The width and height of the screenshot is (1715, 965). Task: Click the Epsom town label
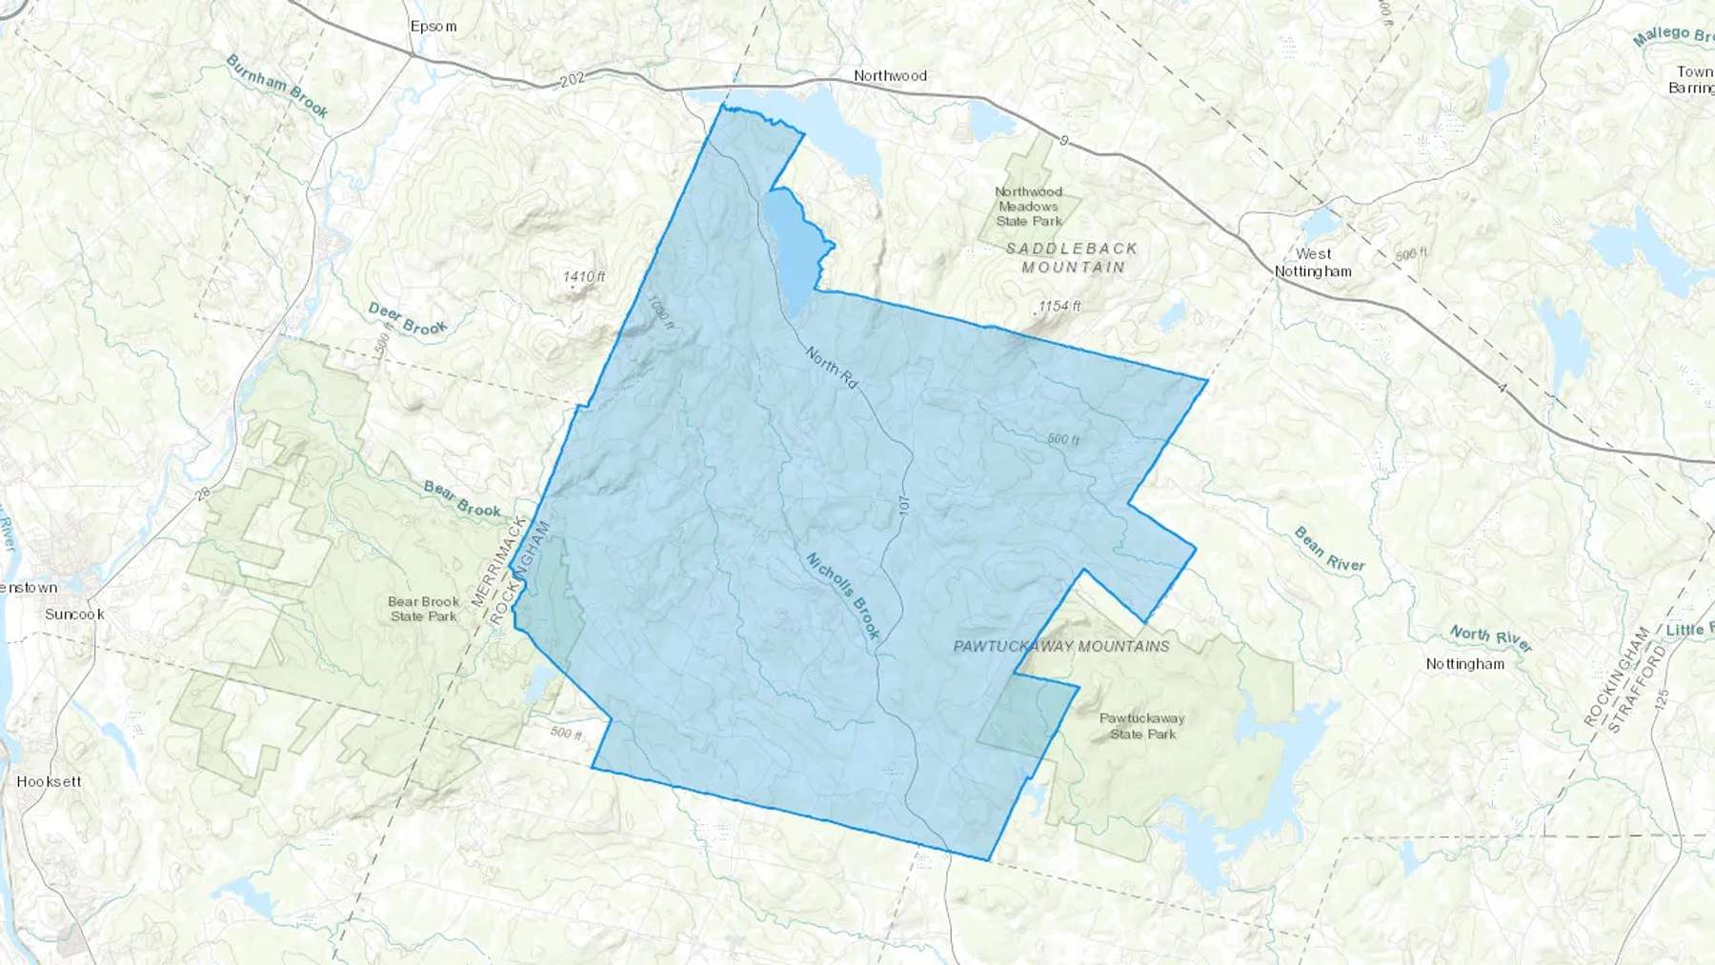[x=434, y=27]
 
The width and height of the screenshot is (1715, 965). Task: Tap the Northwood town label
[x=890, y=75]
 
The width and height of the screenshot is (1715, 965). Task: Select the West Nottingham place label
[x=1313, y=262]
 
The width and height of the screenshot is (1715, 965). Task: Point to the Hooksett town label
[x=49, y=781]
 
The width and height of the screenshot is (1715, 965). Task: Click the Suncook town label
[x=74, y=614]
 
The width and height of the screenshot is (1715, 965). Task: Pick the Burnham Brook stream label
[x=277, y=86]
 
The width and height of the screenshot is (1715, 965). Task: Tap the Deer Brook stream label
[x=408, y=319]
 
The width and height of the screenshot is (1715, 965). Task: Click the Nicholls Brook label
[x=843, y=595]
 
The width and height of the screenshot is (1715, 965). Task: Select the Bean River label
[x=1329, y=549]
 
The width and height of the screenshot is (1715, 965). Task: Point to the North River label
[x=1491, y=638]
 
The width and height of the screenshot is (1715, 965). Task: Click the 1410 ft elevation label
[x=584, y=277]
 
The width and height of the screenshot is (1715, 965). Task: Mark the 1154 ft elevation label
[x=1059, y=306]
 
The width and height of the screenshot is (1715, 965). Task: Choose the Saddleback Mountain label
[x=1073, y=257]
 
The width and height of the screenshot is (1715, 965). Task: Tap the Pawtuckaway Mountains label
[x=1061, y=646]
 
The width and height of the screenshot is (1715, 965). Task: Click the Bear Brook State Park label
[x=424, y=609]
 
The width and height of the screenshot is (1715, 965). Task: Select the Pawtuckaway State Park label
[x=1142, y=726]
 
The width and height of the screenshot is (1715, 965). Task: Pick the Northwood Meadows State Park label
[x=1029, y=206]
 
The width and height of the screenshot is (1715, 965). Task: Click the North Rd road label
[x=832, y=368]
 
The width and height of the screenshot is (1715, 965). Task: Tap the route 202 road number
[x=572, y=80]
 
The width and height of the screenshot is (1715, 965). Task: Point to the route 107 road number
[x=904, y=506]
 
